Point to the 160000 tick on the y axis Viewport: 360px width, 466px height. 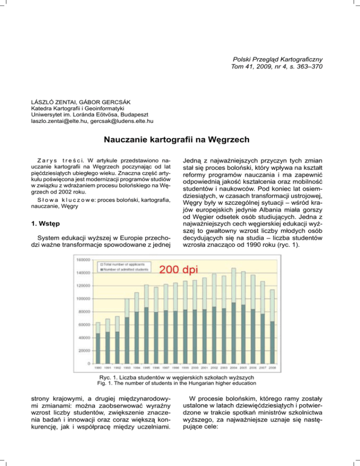pos(82,259)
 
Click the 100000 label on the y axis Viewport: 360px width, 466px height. pos(82,299)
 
